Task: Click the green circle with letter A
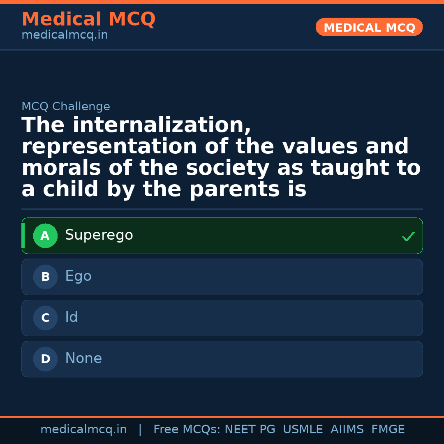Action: [x=45, y=236]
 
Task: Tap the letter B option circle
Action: [x=45, y=277]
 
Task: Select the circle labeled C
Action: [x=45, y=318]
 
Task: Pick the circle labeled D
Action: [x=45, y=359]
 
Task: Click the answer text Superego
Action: [x=99, y=236]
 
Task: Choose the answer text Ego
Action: [x=78, y=277]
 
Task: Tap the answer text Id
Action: [x=72, y=317]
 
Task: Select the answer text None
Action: [x=83, y=358]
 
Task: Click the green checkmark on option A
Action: [x=408, y=236]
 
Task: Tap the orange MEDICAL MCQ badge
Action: [x=369, y=28]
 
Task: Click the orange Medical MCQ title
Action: [x=88, y=19]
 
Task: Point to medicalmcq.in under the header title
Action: [x=65, y=35]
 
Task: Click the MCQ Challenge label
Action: [x=66, y=107]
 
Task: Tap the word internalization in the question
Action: [x=162, y=125]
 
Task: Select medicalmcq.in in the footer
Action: [x=83, y=430]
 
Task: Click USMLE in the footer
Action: [x=303, y=430]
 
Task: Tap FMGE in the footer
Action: [x=388, y=430]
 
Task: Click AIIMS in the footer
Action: [x=347, y=430]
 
